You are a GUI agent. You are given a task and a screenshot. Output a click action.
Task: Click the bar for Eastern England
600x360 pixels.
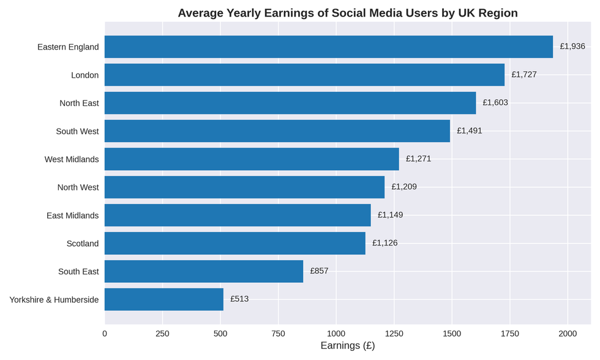click(x=329, y=47)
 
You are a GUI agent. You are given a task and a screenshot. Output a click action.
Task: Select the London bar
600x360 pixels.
click(x=304, y=75)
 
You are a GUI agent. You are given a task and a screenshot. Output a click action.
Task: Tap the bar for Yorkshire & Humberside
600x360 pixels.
click(x=164, y=299)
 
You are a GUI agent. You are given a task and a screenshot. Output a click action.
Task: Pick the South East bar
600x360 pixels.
click(x=204, y=271)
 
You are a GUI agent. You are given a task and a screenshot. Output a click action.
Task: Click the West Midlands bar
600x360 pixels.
click(x=252, y=159)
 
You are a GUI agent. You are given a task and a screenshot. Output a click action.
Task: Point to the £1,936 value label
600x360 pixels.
click(x=572, y=47)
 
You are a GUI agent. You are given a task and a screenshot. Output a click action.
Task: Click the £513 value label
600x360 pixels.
click(x=239, y=299)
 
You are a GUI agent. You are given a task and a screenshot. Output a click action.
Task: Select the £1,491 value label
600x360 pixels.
click(x=470, y=131)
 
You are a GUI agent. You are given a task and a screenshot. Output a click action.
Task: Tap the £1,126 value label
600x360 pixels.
click(x=384, y=243)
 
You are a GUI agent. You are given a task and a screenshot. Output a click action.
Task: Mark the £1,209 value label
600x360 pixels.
click(x=404, y=187)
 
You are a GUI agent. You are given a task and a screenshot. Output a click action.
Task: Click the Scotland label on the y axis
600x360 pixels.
click(x=83, y=244)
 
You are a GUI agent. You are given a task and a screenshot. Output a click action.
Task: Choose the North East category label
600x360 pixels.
click(x=79, y=103)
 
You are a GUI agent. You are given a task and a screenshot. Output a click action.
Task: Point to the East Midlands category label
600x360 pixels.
click(x=72, y=216)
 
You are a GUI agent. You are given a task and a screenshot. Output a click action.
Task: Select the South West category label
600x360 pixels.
click(x=77, y=132)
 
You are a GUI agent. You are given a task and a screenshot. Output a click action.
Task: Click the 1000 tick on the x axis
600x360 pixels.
click(x=336, y=334)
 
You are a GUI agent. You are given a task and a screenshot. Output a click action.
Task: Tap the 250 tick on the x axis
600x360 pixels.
click(x=162, y=334)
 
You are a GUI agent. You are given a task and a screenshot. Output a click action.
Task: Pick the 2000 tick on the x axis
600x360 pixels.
click(x=568, y=334)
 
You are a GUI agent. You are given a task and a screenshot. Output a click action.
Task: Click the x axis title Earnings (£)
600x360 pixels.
click(x=348, y=346)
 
